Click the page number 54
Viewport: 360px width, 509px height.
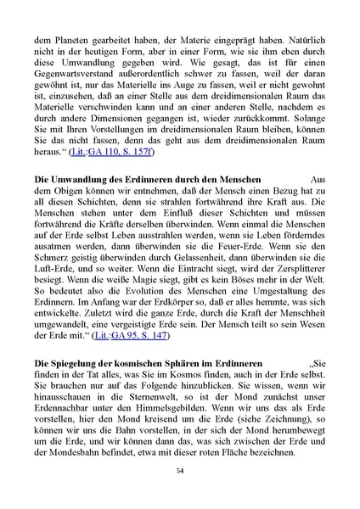180,471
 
